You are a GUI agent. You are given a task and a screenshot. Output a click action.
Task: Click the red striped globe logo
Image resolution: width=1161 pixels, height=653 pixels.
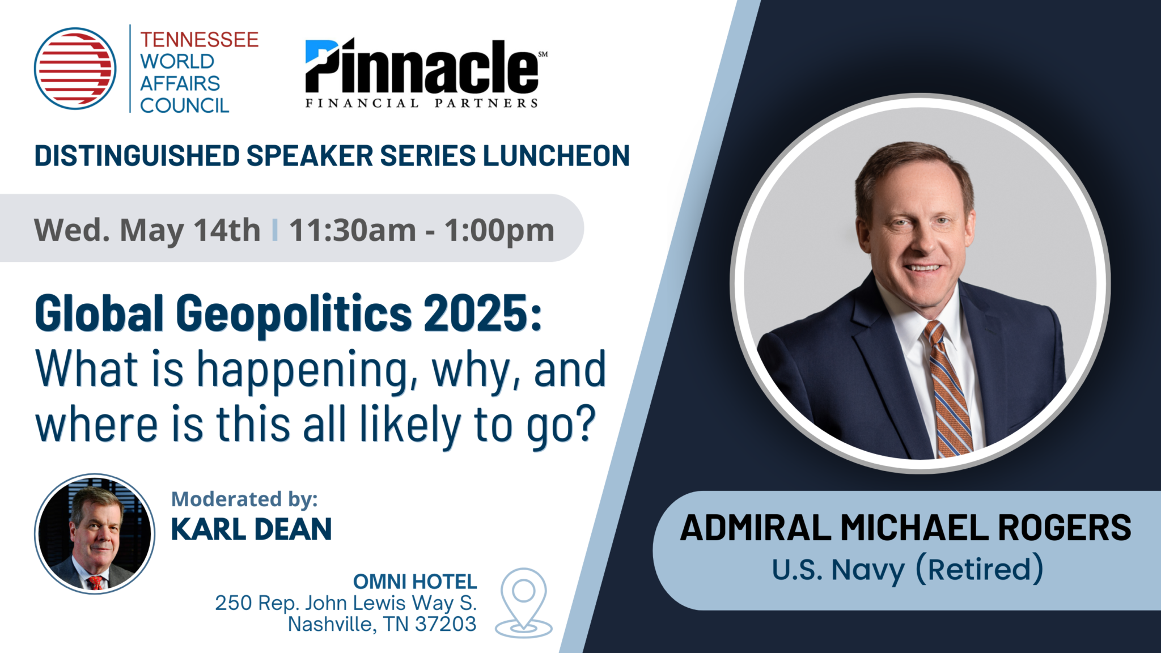point(75,69)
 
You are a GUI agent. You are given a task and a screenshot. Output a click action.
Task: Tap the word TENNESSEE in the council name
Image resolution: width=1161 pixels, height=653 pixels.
point(199,40)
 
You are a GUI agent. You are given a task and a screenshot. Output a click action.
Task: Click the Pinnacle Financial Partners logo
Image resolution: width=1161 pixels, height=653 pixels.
point(426,73)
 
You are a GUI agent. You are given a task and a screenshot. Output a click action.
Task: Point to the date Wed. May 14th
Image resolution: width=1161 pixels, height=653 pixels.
point(147,230)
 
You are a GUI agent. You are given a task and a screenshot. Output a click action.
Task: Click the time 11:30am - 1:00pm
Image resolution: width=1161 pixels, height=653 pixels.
point(422,230)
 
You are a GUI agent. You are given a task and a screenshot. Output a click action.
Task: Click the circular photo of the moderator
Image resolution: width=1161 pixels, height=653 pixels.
point(95,534)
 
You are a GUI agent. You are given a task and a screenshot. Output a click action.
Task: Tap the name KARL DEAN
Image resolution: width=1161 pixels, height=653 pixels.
point(251,529)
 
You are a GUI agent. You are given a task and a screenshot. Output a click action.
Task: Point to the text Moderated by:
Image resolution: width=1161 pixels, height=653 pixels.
point(244,499)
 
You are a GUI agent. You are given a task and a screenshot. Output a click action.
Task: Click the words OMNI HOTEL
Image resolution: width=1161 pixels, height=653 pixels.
point(415,582)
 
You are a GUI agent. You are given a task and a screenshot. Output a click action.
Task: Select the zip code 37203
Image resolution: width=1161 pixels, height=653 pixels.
point(446,624)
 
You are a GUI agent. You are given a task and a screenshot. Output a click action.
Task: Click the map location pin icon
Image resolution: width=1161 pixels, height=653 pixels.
point(524,603)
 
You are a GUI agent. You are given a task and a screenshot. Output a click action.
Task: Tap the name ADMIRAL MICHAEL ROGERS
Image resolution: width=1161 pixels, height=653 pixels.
point(905,528)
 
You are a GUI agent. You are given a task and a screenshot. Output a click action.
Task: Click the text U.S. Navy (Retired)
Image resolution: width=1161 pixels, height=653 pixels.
point(907,570)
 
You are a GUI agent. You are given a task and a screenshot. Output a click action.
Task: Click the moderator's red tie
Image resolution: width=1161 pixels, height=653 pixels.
point(95,582)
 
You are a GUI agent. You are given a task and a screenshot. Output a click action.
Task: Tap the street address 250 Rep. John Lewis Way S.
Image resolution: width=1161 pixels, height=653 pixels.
point(346,603)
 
